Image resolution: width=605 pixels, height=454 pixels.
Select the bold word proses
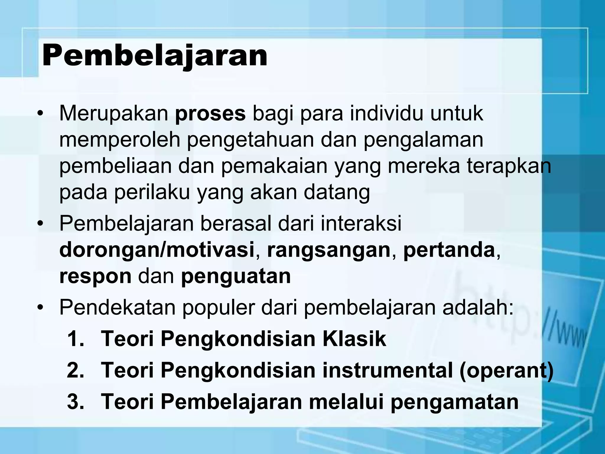click(210, 113)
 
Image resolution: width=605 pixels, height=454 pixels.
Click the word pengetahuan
click(250, 140)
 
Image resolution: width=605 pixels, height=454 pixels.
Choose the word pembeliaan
click(115, 166)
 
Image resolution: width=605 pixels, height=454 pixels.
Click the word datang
click(337, 193)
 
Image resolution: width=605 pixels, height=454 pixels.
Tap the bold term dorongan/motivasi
click(157, 250)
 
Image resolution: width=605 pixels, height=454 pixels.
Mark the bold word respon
click(95, 277)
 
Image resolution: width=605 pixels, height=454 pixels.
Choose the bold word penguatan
click(236, 277)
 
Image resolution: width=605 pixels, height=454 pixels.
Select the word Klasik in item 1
click(354, 339)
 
